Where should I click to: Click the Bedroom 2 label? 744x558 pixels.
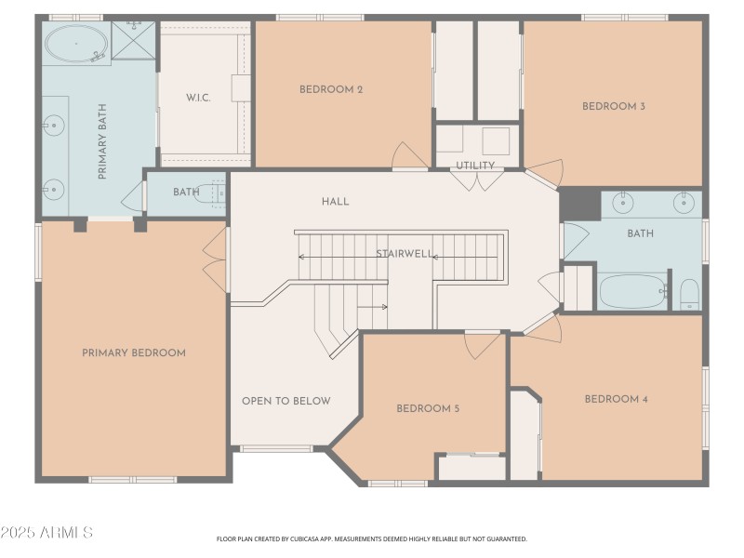331,89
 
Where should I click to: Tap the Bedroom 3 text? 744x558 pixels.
614,106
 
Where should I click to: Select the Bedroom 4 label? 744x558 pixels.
616,399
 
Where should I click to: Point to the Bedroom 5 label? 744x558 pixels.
428,408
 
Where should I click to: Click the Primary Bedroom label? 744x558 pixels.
134,353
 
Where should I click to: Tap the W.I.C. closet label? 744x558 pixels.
198,99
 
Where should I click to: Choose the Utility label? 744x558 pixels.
475,166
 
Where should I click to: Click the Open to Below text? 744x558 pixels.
286,401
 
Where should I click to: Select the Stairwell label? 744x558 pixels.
405,254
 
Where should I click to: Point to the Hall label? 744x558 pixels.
336,202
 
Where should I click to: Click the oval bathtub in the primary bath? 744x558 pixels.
76,44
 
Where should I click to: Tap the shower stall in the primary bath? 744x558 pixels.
133,40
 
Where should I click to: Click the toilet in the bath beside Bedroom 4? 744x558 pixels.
689,294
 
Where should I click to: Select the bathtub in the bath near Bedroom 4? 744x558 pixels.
633,291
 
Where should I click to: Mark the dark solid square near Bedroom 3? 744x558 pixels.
579,204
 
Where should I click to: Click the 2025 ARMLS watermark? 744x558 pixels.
46,532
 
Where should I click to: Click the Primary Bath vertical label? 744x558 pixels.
102,141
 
